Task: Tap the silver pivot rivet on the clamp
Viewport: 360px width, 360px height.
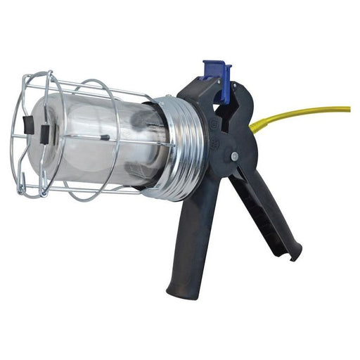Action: coord(234,156)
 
